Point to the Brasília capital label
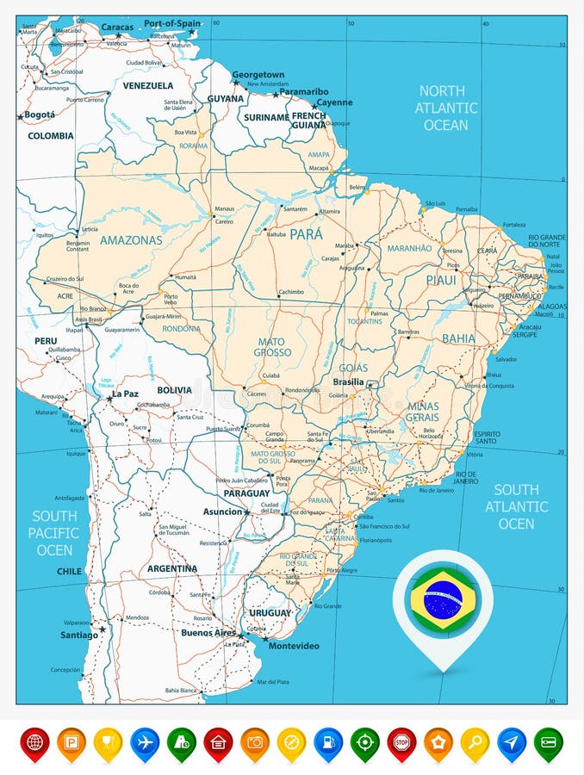tap(348, 381)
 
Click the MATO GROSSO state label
tap(272, 347)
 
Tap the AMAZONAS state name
tap(131, 240)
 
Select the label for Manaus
tap(225, 209)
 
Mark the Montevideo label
tap(294, 646)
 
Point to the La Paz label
tap(125, 394)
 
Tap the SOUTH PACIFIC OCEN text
tap(54, 532)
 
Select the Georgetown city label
tap(258, 75)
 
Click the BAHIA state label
tap(458, 338)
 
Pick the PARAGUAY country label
tap(246, 493)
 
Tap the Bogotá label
tap(40, 115)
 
